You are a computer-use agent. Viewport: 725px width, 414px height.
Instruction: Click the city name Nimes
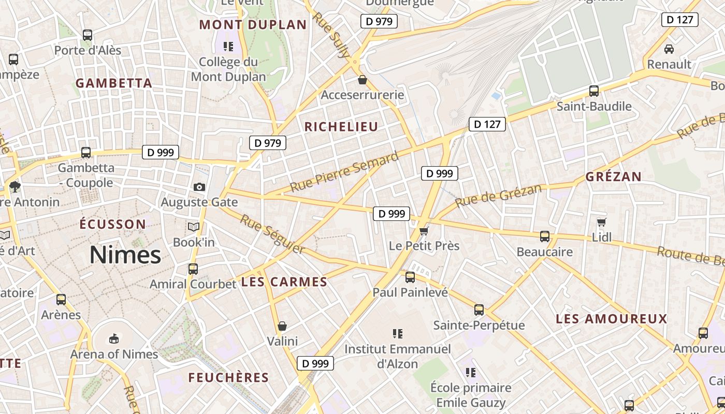tap(125, 255)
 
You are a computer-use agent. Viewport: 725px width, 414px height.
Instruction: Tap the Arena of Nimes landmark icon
tap(114, 339)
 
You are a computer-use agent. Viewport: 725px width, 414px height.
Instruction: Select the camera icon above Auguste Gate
tap(199, 187)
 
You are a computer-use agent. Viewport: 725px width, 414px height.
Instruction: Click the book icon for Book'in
tap(194, 227)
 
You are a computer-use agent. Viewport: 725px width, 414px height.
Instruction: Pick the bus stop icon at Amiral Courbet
tap(193, 269)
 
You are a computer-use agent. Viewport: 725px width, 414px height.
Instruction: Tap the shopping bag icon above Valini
tap(282, 326)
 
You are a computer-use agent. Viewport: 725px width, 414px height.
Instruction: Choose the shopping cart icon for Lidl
tap(602, 222)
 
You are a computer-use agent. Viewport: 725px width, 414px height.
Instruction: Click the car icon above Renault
tap(669, 49)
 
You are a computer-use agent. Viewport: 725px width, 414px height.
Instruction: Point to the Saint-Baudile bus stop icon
tap(594, 91)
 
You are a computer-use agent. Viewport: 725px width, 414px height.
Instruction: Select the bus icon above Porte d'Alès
tap(88, 35)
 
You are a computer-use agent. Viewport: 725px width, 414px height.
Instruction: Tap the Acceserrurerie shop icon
tap(362, 80)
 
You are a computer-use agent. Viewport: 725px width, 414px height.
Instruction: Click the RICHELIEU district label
tap(341, 127)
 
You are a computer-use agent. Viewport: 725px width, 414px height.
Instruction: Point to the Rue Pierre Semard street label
tap(344, 172)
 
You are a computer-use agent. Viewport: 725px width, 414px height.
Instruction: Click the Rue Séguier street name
tap(272, 234)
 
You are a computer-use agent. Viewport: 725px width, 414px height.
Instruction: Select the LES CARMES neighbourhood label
tap(284, 282)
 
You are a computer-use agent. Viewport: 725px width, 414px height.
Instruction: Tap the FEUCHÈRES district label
tap(228, 378)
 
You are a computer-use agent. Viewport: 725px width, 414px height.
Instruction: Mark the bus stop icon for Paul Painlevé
tap(410, 277)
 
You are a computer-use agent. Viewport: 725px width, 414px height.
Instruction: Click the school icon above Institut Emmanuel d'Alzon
tap(398, 334)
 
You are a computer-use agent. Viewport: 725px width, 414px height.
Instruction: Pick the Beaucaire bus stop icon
tap(545, 236)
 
